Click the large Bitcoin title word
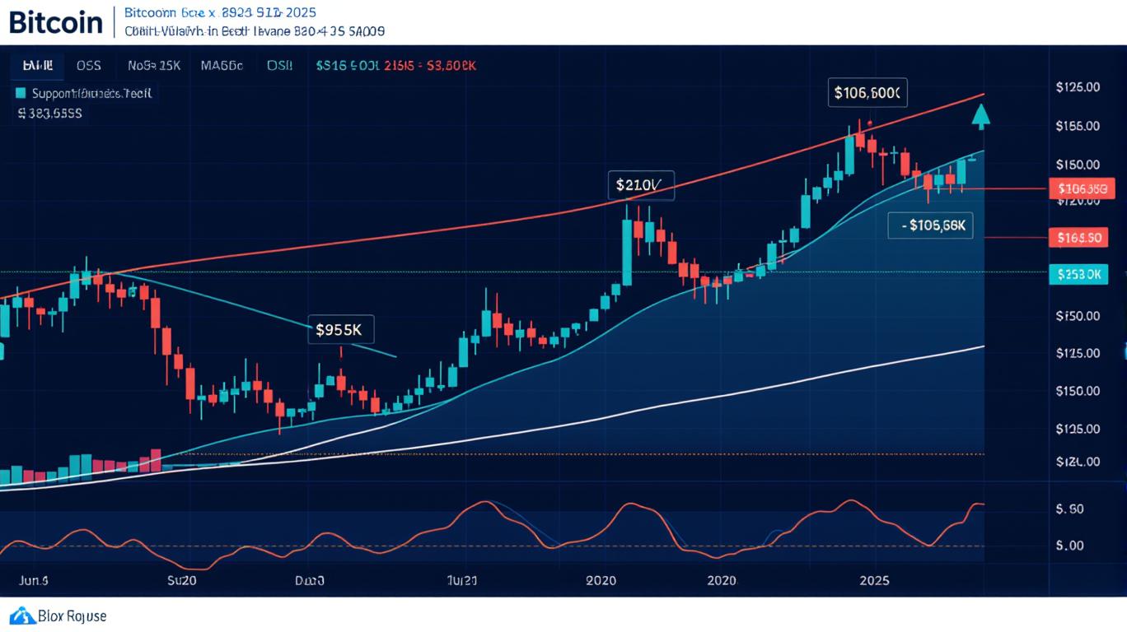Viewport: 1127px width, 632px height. tap(56, 22)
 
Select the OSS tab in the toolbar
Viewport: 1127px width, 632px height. tap(88, 66)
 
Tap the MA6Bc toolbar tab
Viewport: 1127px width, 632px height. tap(222, 66)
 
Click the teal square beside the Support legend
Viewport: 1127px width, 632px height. tap(21, 94)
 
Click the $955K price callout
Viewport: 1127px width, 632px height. tap(339, 330)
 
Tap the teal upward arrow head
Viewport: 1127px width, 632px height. tap(980, 116)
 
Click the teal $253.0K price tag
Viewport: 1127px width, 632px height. tap(1079, 275)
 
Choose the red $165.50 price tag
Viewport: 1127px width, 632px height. tap(1079, 239)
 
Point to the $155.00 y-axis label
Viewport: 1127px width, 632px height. tap(1077, 126)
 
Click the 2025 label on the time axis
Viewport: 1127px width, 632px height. tap(874, 581)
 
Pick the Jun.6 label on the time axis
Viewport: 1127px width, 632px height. tap(34, 581)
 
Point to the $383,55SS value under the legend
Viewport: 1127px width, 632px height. tap(49, 114)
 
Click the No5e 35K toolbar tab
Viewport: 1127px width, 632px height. tap(154, 66)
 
